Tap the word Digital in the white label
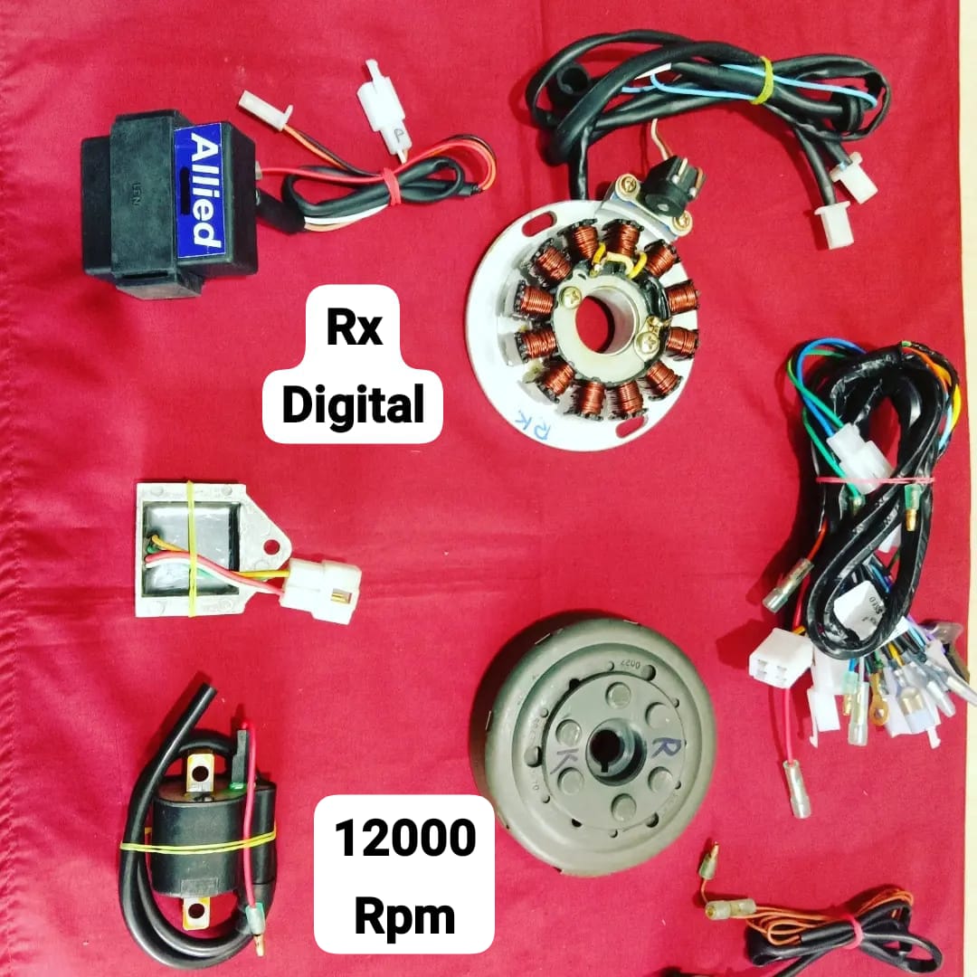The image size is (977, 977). (x=352, y=405)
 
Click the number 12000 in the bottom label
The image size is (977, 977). (x=404, y=839)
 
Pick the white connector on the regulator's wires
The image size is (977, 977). (x=321, y=588)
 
